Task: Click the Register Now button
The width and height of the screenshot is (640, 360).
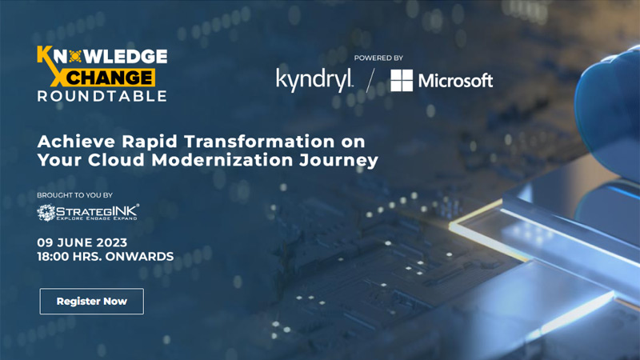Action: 92,302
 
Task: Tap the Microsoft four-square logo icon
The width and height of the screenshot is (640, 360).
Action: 402,81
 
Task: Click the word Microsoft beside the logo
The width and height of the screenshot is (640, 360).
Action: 455,81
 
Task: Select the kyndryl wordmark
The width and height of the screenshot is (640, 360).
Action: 314,81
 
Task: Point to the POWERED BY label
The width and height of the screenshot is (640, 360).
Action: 378,58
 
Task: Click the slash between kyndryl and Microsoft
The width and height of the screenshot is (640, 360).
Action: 370,81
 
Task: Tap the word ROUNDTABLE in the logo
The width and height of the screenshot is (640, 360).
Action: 102,96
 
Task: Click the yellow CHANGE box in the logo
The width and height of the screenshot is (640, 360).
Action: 109,77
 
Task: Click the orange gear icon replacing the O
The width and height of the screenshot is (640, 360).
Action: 75,56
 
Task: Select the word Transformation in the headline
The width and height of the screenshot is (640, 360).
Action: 259,142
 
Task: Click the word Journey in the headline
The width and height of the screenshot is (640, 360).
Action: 338,160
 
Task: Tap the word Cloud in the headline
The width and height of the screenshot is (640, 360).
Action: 116,159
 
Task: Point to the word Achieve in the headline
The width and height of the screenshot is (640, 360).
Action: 76,142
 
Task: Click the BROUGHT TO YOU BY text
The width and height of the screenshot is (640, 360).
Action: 74,195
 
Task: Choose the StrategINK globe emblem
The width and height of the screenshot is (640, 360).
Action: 46,213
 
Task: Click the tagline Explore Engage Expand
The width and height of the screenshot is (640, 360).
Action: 97,218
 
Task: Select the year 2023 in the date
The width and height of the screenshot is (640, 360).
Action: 112,242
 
